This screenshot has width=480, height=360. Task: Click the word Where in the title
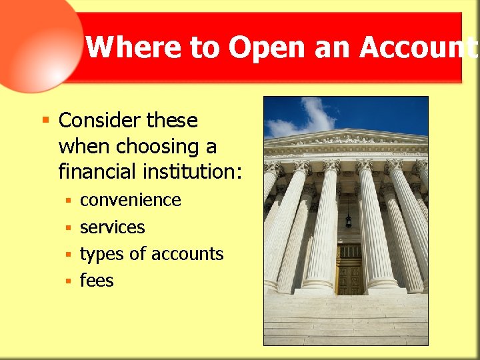pyautogui.click(x=120, y=47)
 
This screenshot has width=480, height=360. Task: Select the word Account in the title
pyautogui.click(x=417, y=47)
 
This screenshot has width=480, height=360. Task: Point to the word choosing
pyautogui.click(x=144, y=146)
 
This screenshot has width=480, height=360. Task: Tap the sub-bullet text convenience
pyautogui.click(x=131, y=200)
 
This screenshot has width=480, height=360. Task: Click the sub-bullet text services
pyautogui.click(x=112, y=227)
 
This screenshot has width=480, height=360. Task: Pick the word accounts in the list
pyautogui.click(x=188, y=254)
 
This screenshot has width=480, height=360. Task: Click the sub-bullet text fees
pyautogui.click(x=97, y=281)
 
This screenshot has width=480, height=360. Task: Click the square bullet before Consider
pyautogui.click(x=45, y=121)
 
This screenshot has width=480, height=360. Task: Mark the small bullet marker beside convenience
pyautogui.click(x=68, y=201)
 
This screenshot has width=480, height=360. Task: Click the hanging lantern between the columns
pyautogui.click(x=348, y=220)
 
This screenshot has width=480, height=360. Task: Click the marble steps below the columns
pyautogui.click(x=345, y=320)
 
